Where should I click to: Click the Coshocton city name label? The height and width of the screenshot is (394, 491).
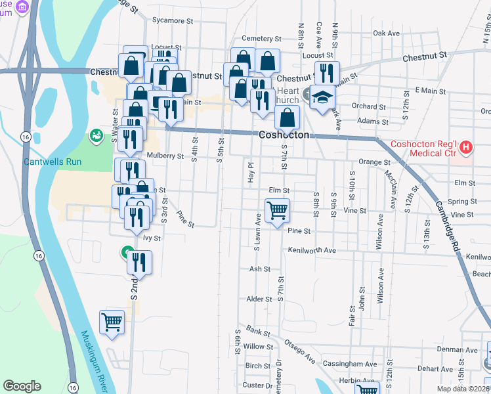pos(283,134)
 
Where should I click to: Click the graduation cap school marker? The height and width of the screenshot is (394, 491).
pos(322,98)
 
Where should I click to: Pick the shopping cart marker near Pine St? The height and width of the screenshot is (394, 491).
pos(277,211)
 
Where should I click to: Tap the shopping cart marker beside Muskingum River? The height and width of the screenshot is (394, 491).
pos(112,322)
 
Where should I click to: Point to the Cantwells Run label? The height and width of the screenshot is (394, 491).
pos(52,161)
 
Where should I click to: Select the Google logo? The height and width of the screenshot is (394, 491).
pos(22,386)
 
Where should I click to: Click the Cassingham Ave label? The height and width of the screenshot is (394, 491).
pos(351,364)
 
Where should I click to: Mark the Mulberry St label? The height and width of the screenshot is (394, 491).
pos(165,156)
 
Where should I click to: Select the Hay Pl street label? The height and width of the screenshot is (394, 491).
pos(250,169)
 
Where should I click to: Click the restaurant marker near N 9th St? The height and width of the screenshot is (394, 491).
pos(327,73)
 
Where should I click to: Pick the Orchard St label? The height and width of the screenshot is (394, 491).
pos(368,106)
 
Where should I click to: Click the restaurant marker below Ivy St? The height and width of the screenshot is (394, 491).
pos(139,262)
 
